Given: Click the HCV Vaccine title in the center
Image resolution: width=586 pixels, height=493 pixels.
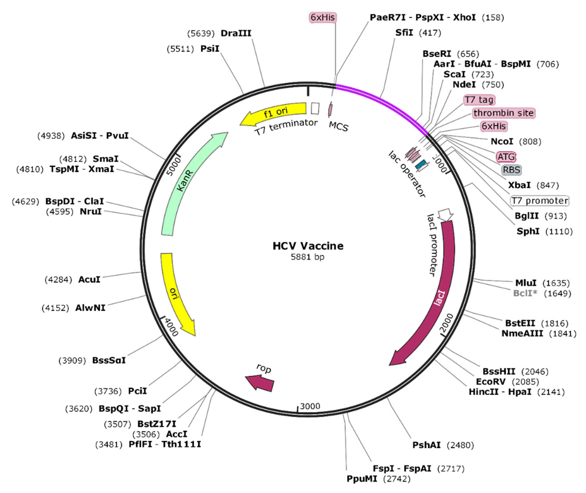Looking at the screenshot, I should click(x=308, y=246).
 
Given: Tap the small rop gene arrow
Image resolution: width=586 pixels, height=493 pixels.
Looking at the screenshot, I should click(x=260, y=383).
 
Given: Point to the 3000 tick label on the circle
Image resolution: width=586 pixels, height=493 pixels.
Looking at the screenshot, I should click(x=310, y=406).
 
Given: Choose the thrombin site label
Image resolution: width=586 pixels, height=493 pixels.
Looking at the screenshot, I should click(x=503, y=113).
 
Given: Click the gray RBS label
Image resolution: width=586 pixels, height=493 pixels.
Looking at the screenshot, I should click(x=511, y=170).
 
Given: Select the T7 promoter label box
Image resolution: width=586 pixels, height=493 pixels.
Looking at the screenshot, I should click(x=540, y=201).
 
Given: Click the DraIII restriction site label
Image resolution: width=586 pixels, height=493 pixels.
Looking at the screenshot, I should click(x=236, y=33).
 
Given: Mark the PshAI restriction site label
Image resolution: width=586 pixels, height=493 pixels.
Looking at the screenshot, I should click(x=426, y=445).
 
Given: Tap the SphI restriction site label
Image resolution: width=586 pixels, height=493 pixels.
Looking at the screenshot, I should click(x=528, y=231).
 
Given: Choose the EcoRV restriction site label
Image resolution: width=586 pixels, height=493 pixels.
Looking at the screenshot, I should click(x=491, y=381).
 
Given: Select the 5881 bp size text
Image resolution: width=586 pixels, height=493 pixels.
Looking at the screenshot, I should click(x=307, y=257).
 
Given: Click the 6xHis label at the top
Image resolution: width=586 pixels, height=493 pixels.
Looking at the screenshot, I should click(x=323, y=17).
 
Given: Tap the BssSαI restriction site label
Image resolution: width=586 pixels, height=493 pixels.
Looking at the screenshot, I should click(x=109, y=360).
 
